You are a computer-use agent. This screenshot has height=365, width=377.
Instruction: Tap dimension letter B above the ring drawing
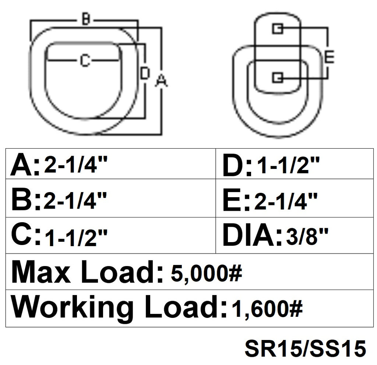point(85,20)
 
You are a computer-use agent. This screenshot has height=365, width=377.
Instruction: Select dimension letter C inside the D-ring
point(85,60)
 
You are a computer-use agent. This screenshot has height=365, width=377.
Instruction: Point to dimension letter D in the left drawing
point(145,74)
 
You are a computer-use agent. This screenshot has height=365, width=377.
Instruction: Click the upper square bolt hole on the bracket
point(278,29)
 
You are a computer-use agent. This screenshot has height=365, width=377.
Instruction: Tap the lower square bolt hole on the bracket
point(278,77)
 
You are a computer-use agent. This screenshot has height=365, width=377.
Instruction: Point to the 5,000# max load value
point(206,273)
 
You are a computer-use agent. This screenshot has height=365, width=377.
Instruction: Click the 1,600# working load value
point(267,309)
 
